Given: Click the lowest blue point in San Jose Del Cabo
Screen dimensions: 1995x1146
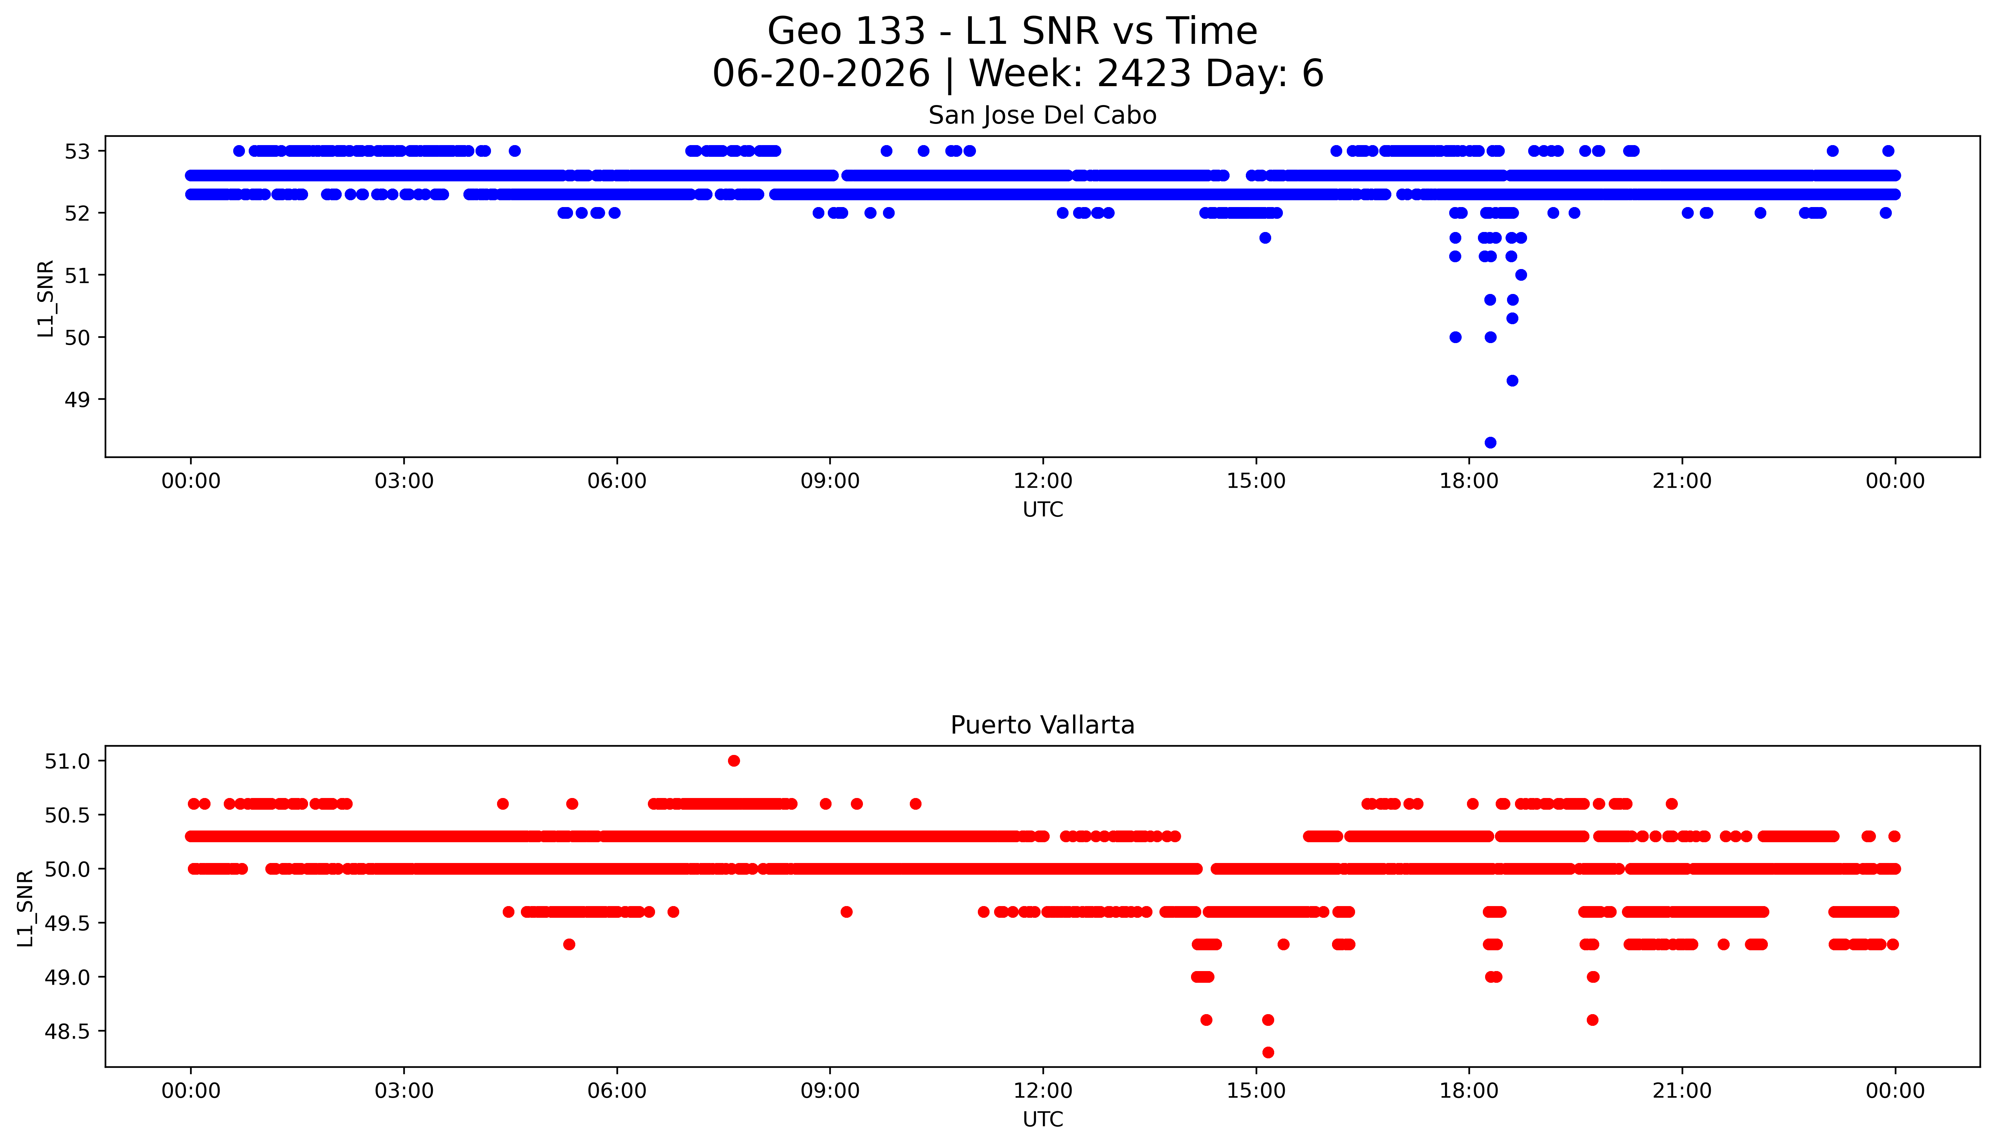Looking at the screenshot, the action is pyautogui.click(x=1490, y=442).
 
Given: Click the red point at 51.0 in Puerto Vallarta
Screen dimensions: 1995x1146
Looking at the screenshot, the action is pyautogui.click(x=734, y=760).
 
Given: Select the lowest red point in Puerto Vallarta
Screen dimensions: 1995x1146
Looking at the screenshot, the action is pyautogui.click(x=1267, y=1052).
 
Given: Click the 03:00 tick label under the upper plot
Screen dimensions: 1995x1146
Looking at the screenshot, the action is pyautogui.click(x=404, y=481).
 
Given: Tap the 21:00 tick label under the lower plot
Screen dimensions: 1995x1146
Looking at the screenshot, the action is pyautogui.click(x=1682, y=1091).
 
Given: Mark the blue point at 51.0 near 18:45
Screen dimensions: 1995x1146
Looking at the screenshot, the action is pyautogui.click(x=1521, y=275).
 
